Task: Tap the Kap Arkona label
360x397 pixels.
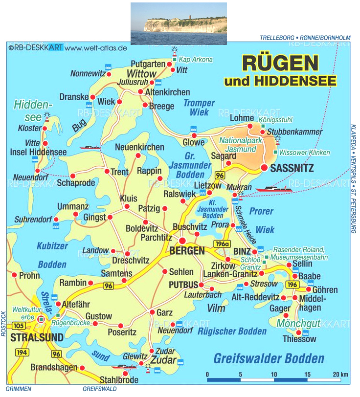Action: [196, 60]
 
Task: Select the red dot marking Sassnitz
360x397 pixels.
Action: [265, 168]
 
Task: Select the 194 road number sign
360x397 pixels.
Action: [21, 353]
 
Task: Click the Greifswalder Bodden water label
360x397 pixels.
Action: [269, 358]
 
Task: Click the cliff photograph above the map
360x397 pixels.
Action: [179, 23]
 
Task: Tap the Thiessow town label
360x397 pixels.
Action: [299, 339]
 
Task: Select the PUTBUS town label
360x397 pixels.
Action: [183, 285]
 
